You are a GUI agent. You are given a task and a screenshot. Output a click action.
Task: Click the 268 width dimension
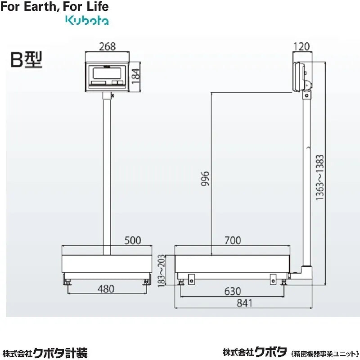click(107, 46)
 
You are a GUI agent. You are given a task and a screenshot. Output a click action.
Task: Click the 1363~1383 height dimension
click(319, 180)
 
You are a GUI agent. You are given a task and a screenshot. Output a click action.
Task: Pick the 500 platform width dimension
click(132, 240)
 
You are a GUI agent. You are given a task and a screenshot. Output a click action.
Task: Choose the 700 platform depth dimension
click(232, 240)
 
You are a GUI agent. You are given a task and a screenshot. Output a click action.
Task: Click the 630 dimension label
click(232, 291)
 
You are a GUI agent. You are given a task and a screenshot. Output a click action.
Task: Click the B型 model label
click(26, 60)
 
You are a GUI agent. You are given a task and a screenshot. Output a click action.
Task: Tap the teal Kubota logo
click(87, 20)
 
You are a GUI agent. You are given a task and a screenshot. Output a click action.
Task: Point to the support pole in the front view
click(107, 171)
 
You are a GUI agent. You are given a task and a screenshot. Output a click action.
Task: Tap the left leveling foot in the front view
click(68, 282)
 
